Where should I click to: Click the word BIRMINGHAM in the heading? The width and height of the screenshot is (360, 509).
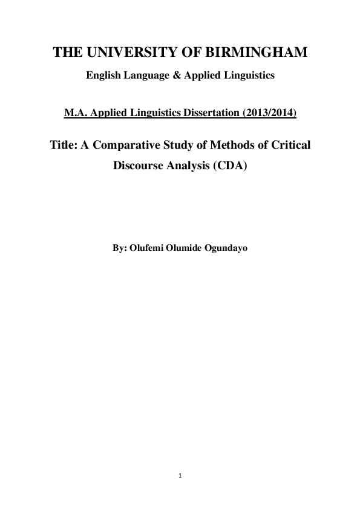coord(258,54)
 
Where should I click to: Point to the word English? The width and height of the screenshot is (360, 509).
coord(103,76)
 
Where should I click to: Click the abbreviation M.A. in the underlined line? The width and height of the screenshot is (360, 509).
coord(76,112)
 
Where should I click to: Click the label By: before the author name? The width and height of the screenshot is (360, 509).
coord(120,248)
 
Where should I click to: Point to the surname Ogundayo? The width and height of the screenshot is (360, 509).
coord(226,248)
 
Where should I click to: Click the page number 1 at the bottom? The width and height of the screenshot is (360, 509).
coord(180,476)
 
